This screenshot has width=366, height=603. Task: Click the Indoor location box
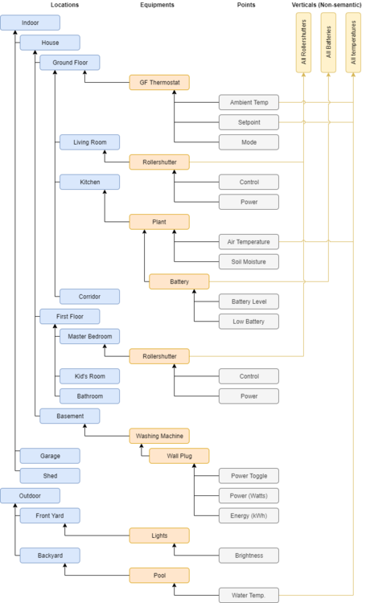click(31, 23)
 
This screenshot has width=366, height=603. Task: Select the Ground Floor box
click(70, 63)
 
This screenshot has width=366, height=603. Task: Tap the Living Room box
click(89, 142)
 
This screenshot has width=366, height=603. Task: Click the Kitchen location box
click(89, 183)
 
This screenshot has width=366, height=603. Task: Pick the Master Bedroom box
click(89, 336)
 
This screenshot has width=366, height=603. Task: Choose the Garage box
click(50, 456)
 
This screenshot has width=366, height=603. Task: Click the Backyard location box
click(50, 555)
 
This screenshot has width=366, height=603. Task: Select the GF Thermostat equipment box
click(159, 82)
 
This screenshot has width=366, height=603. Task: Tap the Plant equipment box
click(159, 222)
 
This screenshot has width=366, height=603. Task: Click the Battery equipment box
click(179, 281)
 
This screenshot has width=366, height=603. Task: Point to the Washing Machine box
click(159, 436)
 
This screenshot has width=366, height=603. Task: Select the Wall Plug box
click(179, 456)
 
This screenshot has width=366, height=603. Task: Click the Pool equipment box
click(159, 575)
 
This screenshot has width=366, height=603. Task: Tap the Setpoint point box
click(249, 122)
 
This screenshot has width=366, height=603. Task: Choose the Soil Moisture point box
click(249, 261)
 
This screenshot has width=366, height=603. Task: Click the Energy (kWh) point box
click(249, 515)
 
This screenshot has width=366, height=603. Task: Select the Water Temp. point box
click(249, 595)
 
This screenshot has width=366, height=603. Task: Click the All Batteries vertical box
click(328, 44)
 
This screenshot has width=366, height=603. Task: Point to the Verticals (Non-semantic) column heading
click(327, 6)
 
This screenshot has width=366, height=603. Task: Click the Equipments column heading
click(158, 6)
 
